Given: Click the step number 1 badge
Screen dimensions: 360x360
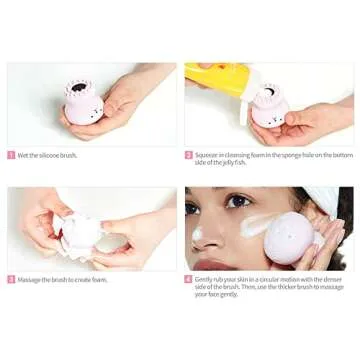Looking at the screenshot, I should [11, 155].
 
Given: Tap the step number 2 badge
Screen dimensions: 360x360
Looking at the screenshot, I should [188, 155].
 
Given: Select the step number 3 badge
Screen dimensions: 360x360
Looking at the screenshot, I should [11, 279].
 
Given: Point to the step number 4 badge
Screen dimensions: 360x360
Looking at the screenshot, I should [188, 279].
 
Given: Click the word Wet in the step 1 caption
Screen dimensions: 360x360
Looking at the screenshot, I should [24, 155].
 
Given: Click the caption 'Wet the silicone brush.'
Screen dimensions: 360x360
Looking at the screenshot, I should [49, 155].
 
